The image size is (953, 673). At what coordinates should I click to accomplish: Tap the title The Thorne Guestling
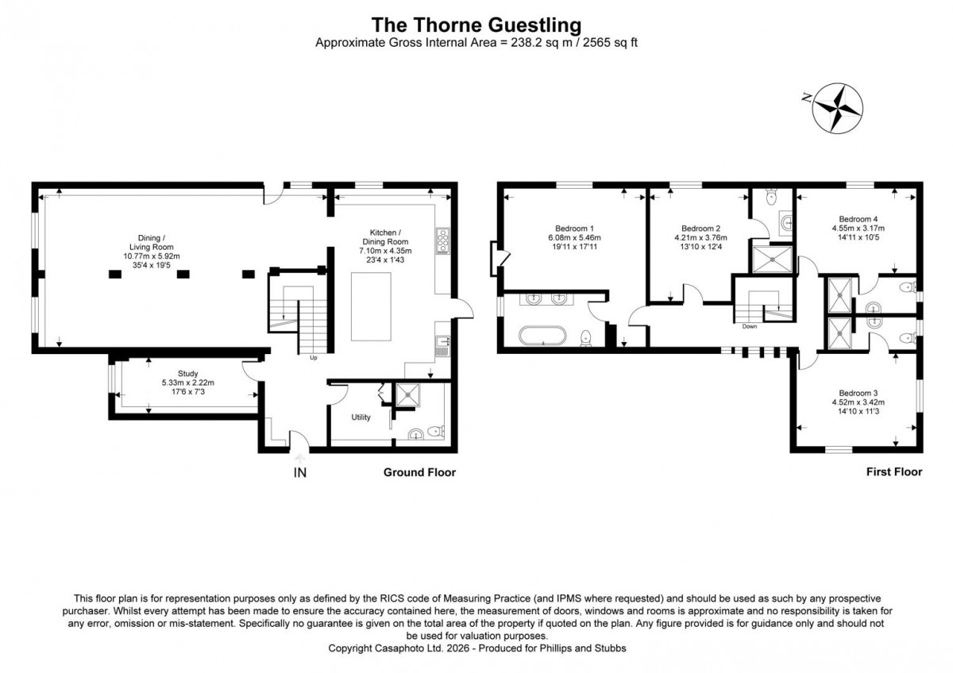coord(476,25)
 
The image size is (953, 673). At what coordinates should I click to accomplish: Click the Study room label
coord(187,374)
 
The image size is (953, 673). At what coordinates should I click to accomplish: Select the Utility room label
coord(361,417)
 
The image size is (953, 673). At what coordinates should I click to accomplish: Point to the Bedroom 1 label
coord(574,229)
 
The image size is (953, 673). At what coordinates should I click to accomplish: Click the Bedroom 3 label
coord(858,394)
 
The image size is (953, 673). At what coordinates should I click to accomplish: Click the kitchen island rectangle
coord(371,306)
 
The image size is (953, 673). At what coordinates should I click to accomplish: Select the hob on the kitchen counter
coord(442,241)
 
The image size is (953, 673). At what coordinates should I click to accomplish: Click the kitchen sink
coord(442,345)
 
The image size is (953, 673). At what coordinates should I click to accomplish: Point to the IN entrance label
coord(300,473)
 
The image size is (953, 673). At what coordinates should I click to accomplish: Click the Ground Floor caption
coord(419,472)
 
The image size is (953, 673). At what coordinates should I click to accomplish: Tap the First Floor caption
coord(894,472)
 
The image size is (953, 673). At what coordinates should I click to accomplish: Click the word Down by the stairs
coord(750,326)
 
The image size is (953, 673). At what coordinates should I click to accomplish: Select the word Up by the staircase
coord(314,358)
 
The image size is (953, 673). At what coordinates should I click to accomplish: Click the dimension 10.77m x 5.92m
coord(152,256)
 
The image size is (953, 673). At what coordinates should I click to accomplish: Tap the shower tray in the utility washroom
coord(407,395)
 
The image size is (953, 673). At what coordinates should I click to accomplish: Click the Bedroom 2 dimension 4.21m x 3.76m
coord(700,237)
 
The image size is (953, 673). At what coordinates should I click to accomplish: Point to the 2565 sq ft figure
coord(610,43)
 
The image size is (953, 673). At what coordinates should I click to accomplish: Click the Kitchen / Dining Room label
coord(385,237)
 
